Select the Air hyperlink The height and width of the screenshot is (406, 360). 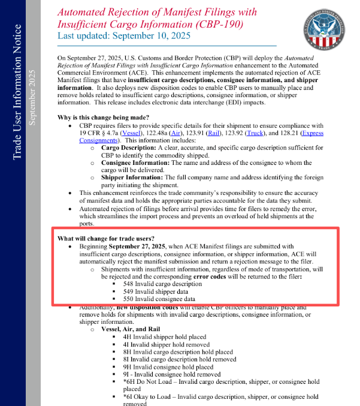(177, 131)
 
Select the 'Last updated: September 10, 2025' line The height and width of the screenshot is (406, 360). (124, 36)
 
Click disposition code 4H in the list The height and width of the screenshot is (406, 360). (126, 338)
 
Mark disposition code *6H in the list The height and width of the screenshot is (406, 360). (129, 381)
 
